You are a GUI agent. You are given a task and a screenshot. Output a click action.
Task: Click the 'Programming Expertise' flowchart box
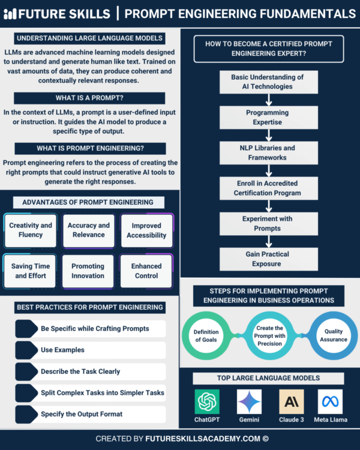(267, 117)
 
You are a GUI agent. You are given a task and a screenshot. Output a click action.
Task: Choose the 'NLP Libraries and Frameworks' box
(267, 152)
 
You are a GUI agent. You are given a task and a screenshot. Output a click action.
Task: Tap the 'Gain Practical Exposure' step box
(267, 259)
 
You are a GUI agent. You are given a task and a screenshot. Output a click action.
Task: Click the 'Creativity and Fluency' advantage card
(31, 230)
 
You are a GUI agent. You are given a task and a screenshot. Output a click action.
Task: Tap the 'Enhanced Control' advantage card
(146, 271)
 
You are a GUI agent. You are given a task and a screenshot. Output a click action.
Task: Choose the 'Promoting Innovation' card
(88, 271)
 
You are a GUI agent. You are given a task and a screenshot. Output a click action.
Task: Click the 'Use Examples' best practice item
(90, 350)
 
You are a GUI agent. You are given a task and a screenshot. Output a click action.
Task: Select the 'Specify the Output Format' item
(90, 415)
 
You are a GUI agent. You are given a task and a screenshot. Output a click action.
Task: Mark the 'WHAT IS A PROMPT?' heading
(89, 98)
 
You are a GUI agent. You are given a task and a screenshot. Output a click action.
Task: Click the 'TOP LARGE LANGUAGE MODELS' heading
(268, 379)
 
